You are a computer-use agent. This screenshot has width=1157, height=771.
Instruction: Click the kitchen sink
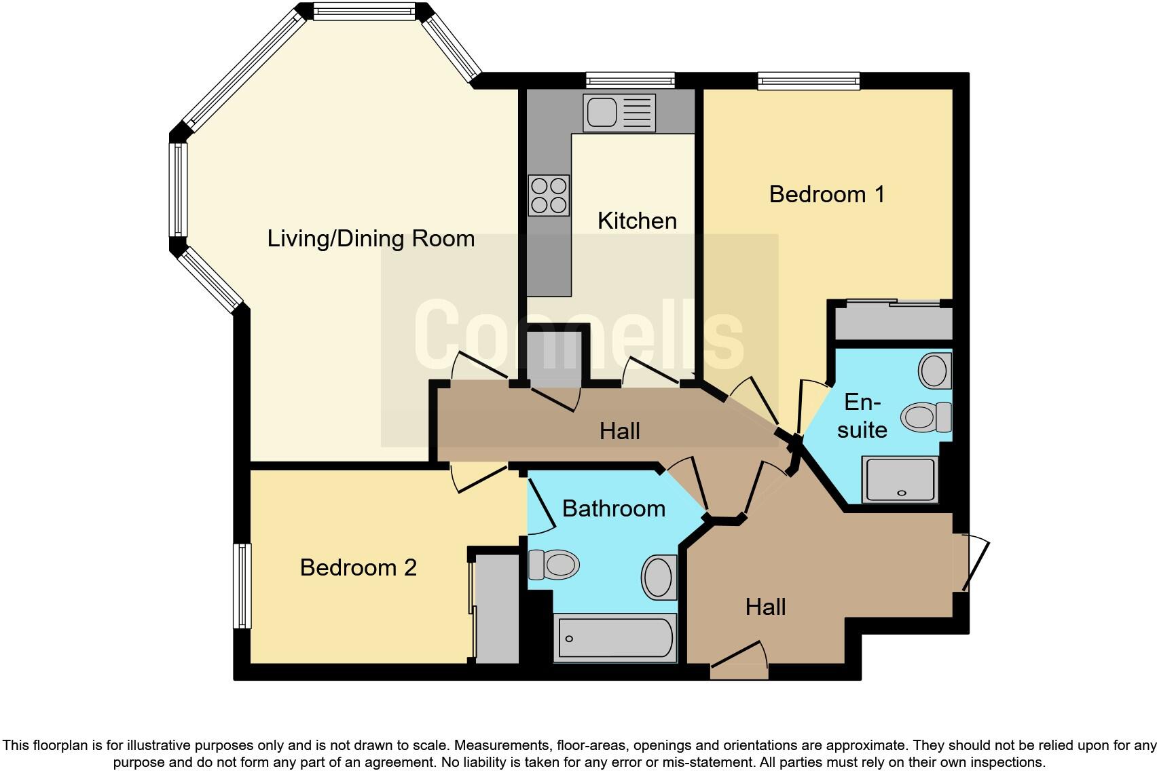pos(618,113)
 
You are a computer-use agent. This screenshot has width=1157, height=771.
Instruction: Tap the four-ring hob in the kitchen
pos(549,195)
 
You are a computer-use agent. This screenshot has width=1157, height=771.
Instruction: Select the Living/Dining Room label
pos(371,239)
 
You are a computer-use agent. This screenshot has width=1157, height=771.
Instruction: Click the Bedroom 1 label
pos(826,195)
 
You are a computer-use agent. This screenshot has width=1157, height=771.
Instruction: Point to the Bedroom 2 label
pos(358,567)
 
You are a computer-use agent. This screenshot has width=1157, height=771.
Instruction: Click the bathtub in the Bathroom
pos(615,638)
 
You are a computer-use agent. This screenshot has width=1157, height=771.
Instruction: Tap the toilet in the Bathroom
pos(554,564)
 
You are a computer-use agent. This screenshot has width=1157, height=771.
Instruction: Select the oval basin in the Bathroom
pos(659,577)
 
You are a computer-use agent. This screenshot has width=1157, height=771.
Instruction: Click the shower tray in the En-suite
pos(900,480)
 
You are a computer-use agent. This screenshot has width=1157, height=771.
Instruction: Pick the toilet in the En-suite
pos(927,416)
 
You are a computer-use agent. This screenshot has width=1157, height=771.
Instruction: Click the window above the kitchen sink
pos(631,81)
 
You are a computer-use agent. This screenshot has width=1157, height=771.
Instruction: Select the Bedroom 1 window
pos(809,81)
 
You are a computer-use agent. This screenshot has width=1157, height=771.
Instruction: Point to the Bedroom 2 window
pos(242,586)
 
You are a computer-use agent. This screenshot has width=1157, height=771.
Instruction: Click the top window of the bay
pos(364,12)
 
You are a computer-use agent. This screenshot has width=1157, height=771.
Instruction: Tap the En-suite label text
pos(862,416)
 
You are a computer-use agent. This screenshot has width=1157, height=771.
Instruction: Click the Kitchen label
pos(637,221)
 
